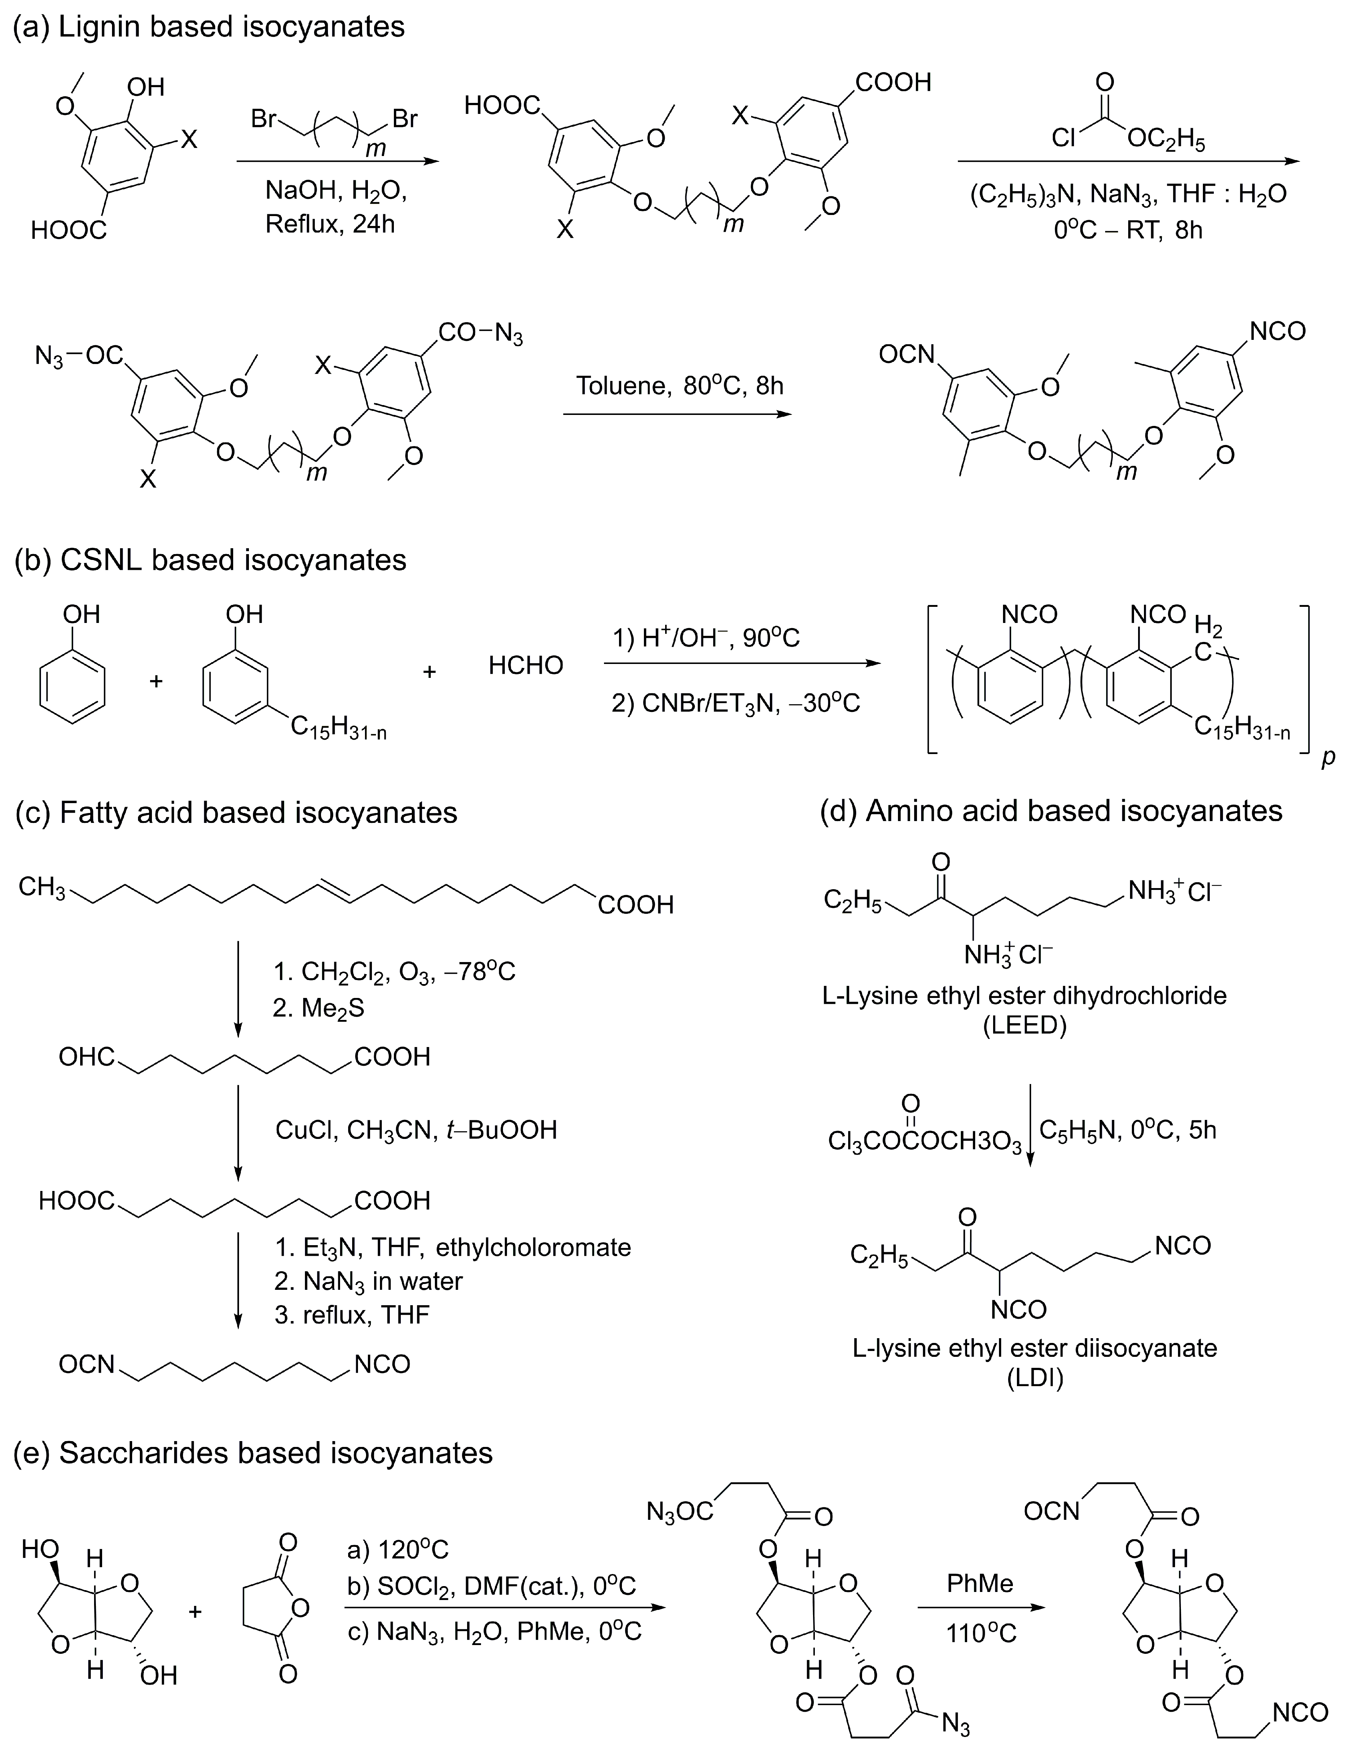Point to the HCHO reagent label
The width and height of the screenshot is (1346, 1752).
tap(526, 665)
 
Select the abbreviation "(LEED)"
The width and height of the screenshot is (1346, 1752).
tap(1025, 1026)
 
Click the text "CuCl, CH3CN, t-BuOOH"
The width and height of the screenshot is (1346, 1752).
tap(416, 1130)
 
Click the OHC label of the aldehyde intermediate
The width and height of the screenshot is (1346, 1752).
tap(86, 1056)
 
